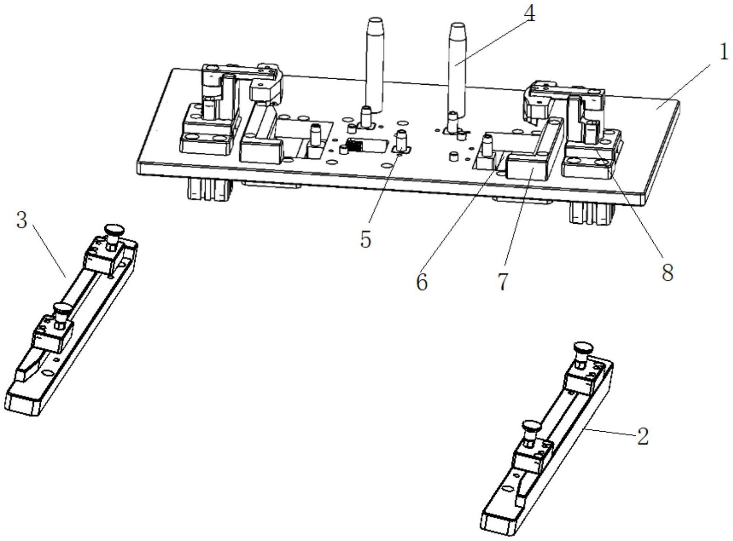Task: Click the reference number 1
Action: (723, 52)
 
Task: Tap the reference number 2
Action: (642, 436)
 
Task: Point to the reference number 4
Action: (529, 14)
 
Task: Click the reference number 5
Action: (366, 239)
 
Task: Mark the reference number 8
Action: (667, 273)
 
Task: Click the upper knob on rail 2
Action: (582, 347)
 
